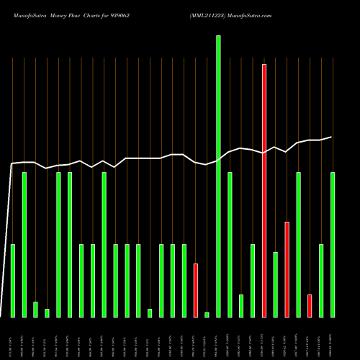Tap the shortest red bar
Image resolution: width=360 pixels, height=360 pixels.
coord(310,306)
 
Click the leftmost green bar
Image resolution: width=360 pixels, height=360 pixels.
coord(13,281)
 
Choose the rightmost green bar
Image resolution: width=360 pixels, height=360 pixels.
coord(333,245)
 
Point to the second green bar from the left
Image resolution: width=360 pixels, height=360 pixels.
coord(24,245)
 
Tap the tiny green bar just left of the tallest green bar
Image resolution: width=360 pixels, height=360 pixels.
coord(207,315)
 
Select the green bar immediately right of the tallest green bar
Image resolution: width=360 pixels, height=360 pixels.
coord(230,245)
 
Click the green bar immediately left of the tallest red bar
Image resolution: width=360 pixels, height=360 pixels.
coord(253,281)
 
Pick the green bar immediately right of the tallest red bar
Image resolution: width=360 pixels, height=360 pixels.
coord(275,284)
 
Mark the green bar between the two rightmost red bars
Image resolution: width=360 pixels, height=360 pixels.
coord(298,245)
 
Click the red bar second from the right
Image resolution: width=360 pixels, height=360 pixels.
coord(287,269)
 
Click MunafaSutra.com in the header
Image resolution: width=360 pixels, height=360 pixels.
coord(252,14)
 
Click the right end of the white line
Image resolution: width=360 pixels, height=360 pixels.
coord(332,137)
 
